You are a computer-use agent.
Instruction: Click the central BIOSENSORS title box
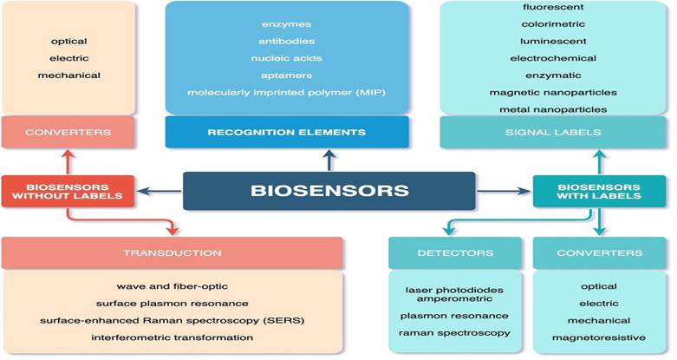(x=329, y=191)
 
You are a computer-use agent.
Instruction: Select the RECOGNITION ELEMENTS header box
(x=287, y=132)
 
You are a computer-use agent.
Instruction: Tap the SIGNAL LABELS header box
(x=553, y=132)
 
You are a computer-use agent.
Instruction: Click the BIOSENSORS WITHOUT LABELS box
(x=68, y=191)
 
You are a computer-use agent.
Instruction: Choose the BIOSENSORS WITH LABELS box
(x=599, y=191)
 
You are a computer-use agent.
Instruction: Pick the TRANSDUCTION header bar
(x=173, y=252)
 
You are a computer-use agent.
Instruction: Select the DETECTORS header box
(x=455, y=252)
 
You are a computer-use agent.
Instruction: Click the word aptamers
(x=286, y=75)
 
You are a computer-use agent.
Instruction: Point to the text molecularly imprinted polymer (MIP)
(x=286, y=93)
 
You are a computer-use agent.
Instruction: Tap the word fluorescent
(x=553, y=7)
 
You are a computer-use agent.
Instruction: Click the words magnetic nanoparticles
(x=553, y=93)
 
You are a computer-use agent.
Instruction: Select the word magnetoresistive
(x=599, y=337)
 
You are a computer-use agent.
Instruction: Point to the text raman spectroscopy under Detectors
(x=454, y=333)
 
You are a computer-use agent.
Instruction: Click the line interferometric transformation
(x=173, y=337)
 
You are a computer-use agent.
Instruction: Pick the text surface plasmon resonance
(x=173, y=304)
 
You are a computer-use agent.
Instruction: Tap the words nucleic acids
(x=286, y=58)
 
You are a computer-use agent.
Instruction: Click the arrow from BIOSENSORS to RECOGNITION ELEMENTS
(x=329, y=160)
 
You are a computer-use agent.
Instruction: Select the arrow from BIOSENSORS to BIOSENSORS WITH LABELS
(x=504, y=191)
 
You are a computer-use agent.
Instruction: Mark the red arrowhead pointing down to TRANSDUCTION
(x=173, y=229)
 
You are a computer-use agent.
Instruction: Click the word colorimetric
(x=553, y=24)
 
